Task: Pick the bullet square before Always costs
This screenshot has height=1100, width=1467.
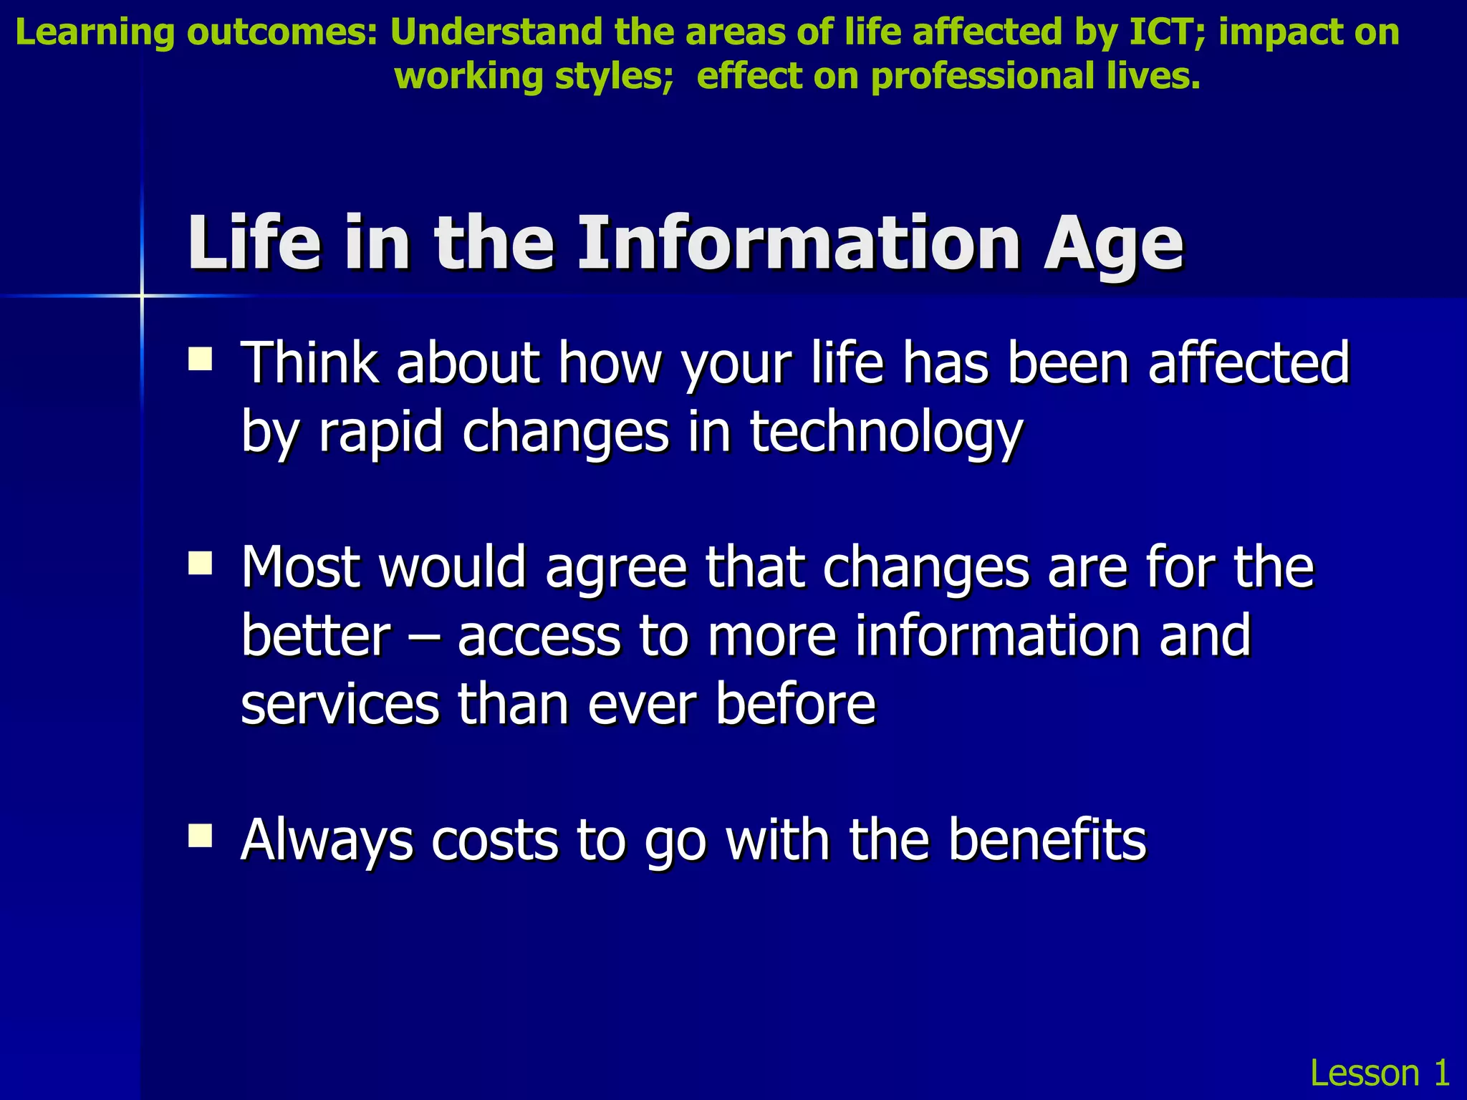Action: coord(200,835)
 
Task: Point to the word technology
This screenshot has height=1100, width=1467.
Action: coord(886,433)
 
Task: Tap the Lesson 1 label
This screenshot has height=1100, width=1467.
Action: coord(1380,1073)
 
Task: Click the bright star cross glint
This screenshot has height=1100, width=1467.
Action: coord(142,295)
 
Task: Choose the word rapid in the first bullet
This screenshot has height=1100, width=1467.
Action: coord(380,433)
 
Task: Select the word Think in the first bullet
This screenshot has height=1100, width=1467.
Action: coord(309,363)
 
